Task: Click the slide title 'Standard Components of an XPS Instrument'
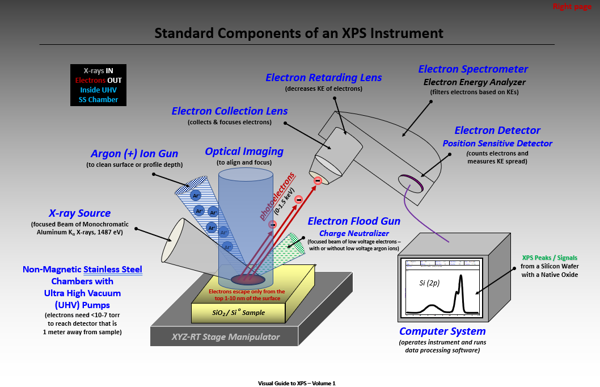[x=299, y=32]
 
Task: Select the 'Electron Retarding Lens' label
[x=324, y=78]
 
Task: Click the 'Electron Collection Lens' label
[x=230, y=111]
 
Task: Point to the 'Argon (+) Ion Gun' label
[x=134, y=154]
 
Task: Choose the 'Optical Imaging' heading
[x=244, y=152]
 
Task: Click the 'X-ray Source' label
[x=79, y=213]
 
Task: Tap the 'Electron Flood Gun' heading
[x=354, y=221]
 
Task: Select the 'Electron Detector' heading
[x=497, y=131]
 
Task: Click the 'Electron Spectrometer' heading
[x=473, y=69]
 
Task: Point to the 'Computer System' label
[x=442, y=331]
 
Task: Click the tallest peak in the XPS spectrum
[x=461, y=278]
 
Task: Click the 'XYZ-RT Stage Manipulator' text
[x=226, y=336]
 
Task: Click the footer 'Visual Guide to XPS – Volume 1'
[x=297, y=384]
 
